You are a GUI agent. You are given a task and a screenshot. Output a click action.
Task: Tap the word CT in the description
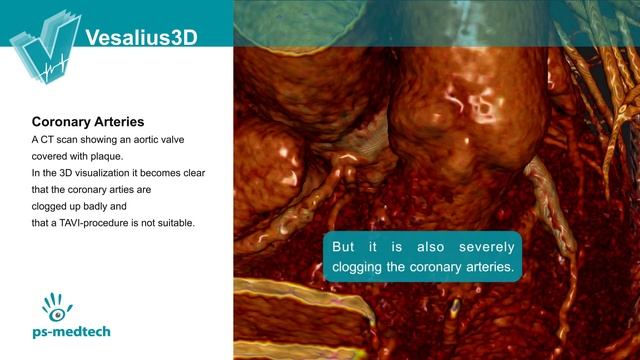pos(50,140)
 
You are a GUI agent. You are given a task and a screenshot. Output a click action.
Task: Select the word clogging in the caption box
pos(358,268)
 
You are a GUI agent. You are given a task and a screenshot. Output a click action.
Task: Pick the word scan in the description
pos(76,140)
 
